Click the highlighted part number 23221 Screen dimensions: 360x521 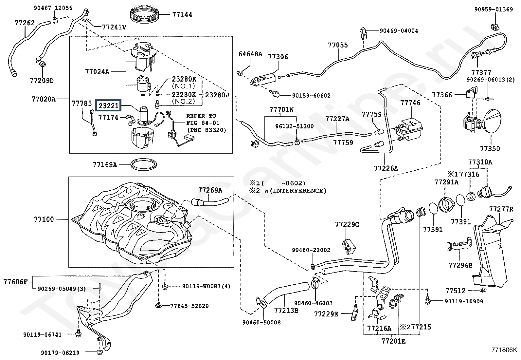[108, 106]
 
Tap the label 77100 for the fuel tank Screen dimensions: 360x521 [44, 219]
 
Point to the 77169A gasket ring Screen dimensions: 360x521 [143, 164]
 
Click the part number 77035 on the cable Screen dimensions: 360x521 [338, 45]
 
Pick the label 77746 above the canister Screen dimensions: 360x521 [410, 103]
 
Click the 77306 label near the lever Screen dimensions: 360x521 [278, 57]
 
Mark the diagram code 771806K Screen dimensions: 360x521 [504, 350]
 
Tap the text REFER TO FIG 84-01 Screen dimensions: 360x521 [203, 119]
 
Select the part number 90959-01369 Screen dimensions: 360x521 [494, 9]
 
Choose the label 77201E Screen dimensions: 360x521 [393, 341]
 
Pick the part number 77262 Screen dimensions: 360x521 [25, 23]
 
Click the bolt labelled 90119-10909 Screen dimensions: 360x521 [428, 301]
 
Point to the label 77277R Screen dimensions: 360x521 [501, 209]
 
